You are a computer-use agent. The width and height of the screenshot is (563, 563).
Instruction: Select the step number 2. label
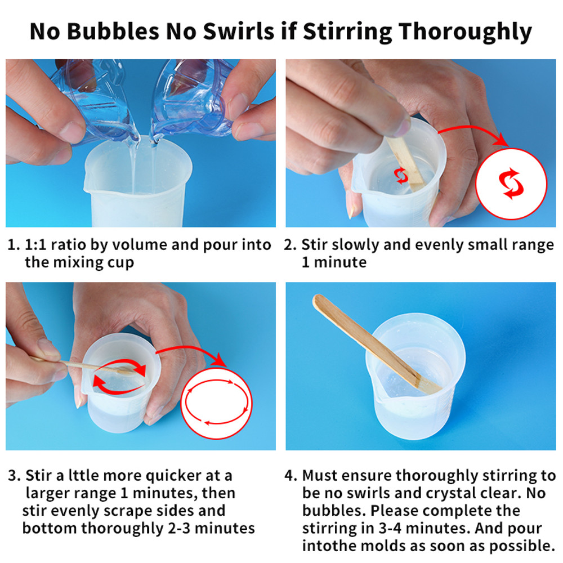(x=290, y=245)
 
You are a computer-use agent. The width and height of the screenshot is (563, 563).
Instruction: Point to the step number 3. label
(x=14, y=476)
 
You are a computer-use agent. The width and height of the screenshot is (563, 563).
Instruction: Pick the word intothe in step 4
(x=326, y=546)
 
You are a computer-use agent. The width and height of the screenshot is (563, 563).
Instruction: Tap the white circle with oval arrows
(x=216, y=403)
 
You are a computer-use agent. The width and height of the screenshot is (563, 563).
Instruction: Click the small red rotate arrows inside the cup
(x=401, y=176)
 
